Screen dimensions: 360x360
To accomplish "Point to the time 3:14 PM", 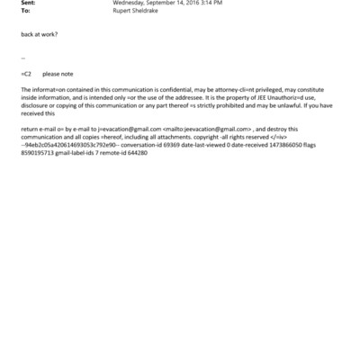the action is pos(210,4).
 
